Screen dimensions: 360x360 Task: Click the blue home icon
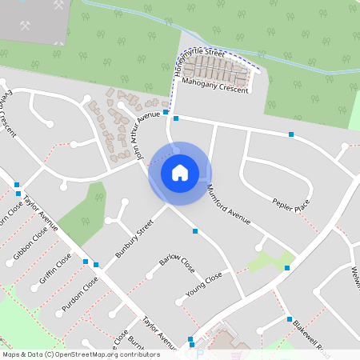click(x=180, y=172)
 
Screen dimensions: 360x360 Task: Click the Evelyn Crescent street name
click(x=9, y=117)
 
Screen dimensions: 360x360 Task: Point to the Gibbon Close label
click(x=30, y=245)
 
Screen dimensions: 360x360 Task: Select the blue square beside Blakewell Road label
click(x=290, y=318)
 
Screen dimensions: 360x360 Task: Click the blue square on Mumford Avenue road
click(x=195, y=231)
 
